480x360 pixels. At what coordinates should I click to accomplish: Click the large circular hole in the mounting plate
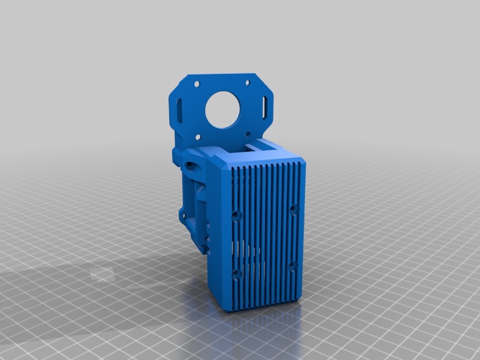223,109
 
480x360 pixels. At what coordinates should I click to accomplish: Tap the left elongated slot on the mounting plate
181,110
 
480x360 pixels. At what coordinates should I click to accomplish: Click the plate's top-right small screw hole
246,82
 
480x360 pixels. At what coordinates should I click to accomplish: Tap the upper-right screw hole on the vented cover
293,209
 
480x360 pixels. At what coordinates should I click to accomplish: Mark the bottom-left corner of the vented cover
229,310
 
